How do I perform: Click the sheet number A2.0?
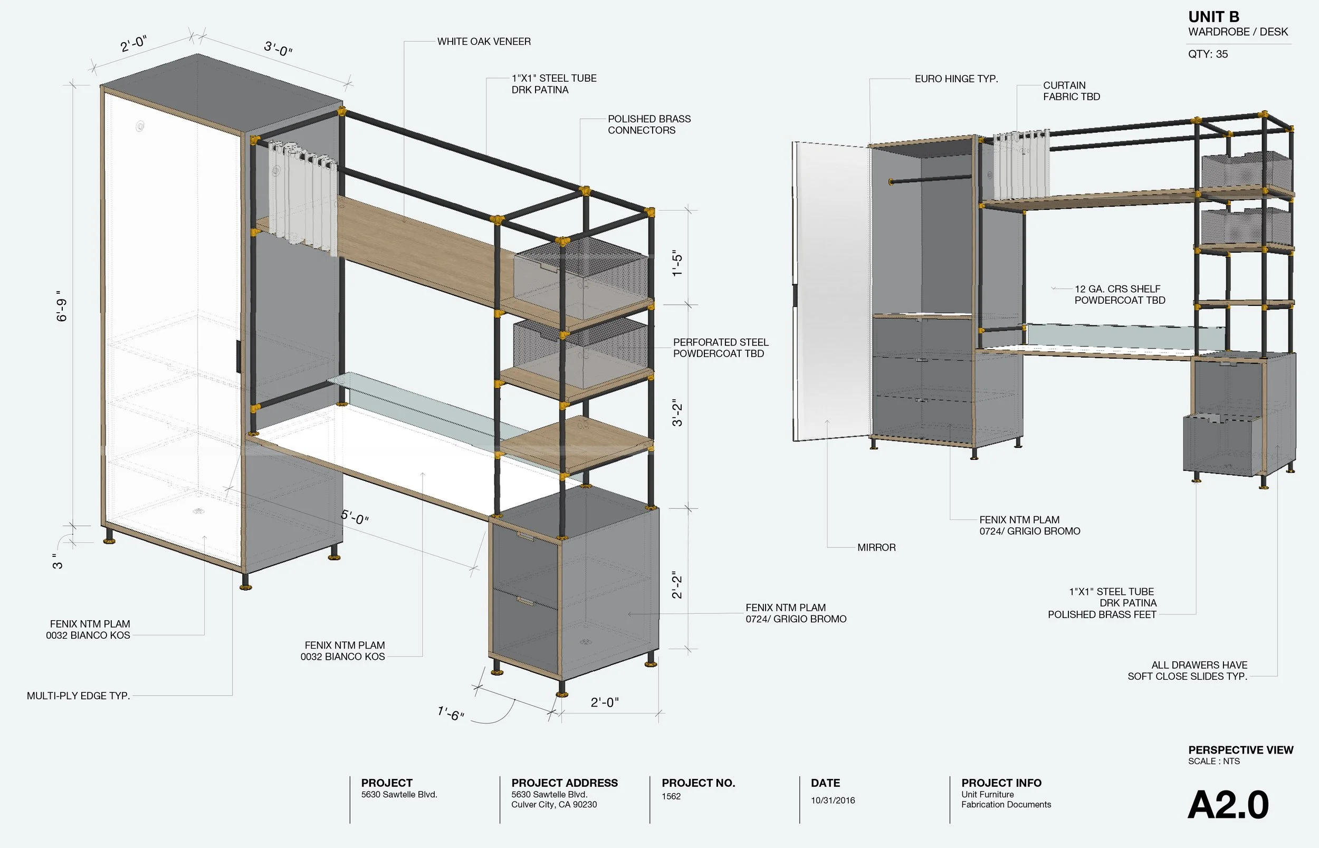[x=1228, y=806]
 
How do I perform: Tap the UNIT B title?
[x=1213, y=17]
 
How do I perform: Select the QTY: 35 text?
[x=1207, y=54]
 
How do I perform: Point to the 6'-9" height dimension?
[x=61, y=306]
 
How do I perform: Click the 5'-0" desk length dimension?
[x=354, y=516]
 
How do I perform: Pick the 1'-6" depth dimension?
[x=451, y=714]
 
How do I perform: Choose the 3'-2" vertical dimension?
[x=677, y=413]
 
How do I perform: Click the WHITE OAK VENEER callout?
[x=483, y=41]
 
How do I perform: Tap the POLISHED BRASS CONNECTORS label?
[x=648, y=124]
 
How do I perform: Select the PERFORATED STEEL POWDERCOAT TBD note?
[x=720, y=348]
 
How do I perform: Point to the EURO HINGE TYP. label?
[x=955, y=79]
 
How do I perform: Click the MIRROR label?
[x=876, y=547]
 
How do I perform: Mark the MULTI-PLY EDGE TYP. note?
[x=78, y=696]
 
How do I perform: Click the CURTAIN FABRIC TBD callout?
[x=1071, y=91]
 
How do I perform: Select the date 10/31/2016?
[x=832, y=800]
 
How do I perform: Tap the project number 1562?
[x=671, y=796]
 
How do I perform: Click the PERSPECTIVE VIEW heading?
[x=1240, y=750]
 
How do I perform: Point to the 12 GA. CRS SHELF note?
[x=1119, y=295]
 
